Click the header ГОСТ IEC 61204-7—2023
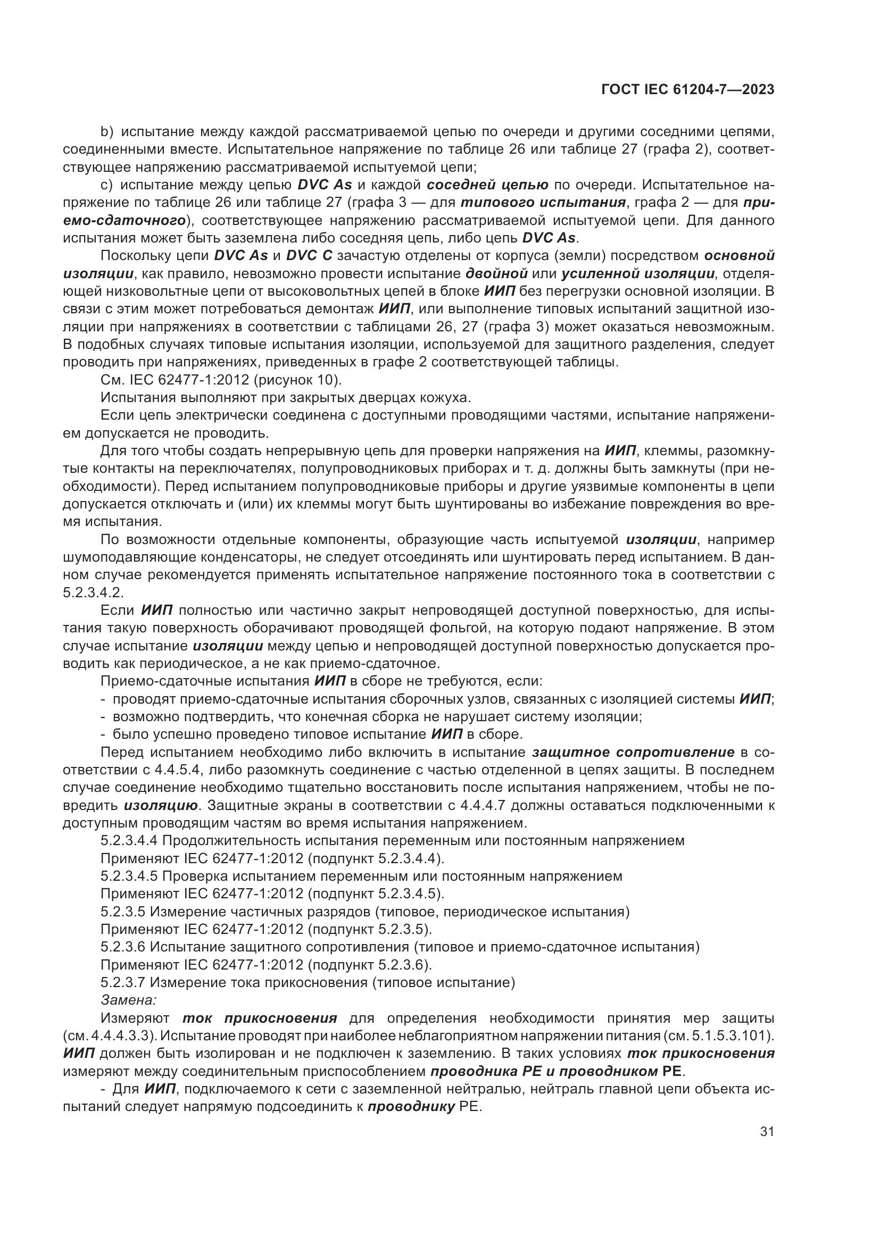coord(687,89)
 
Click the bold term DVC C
coord(309,256)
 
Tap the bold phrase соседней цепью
coord(487,185)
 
